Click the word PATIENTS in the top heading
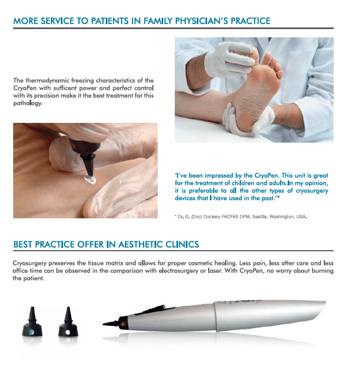click(x=110, y=21)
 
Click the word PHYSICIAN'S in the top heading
click(x=202, y=21)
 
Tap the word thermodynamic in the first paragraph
click(x=48, y=81)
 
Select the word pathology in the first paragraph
click(x=27, y=103)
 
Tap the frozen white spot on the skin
click(x=90, y=179)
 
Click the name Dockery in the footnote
click(x=212, y=217)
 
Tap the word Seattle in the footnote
click(x=260, y=217)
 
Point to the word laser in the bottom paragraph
click(x=214, y=271)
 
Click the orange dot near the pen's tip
click(x=123, y=324)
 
